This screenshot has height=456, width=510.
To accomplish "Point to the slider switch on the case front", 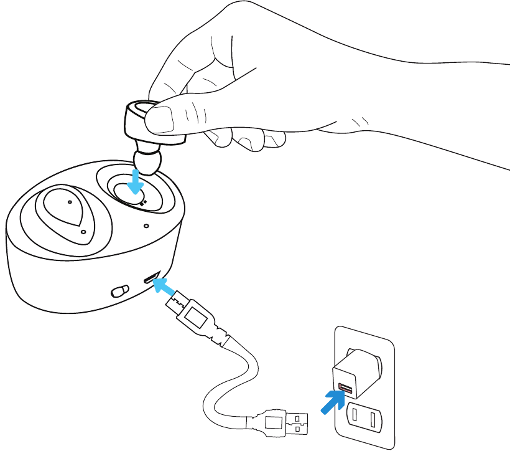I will click(120, 290).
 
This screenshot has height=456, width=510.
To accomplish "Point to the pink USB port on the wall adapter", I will click(345, 391).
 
